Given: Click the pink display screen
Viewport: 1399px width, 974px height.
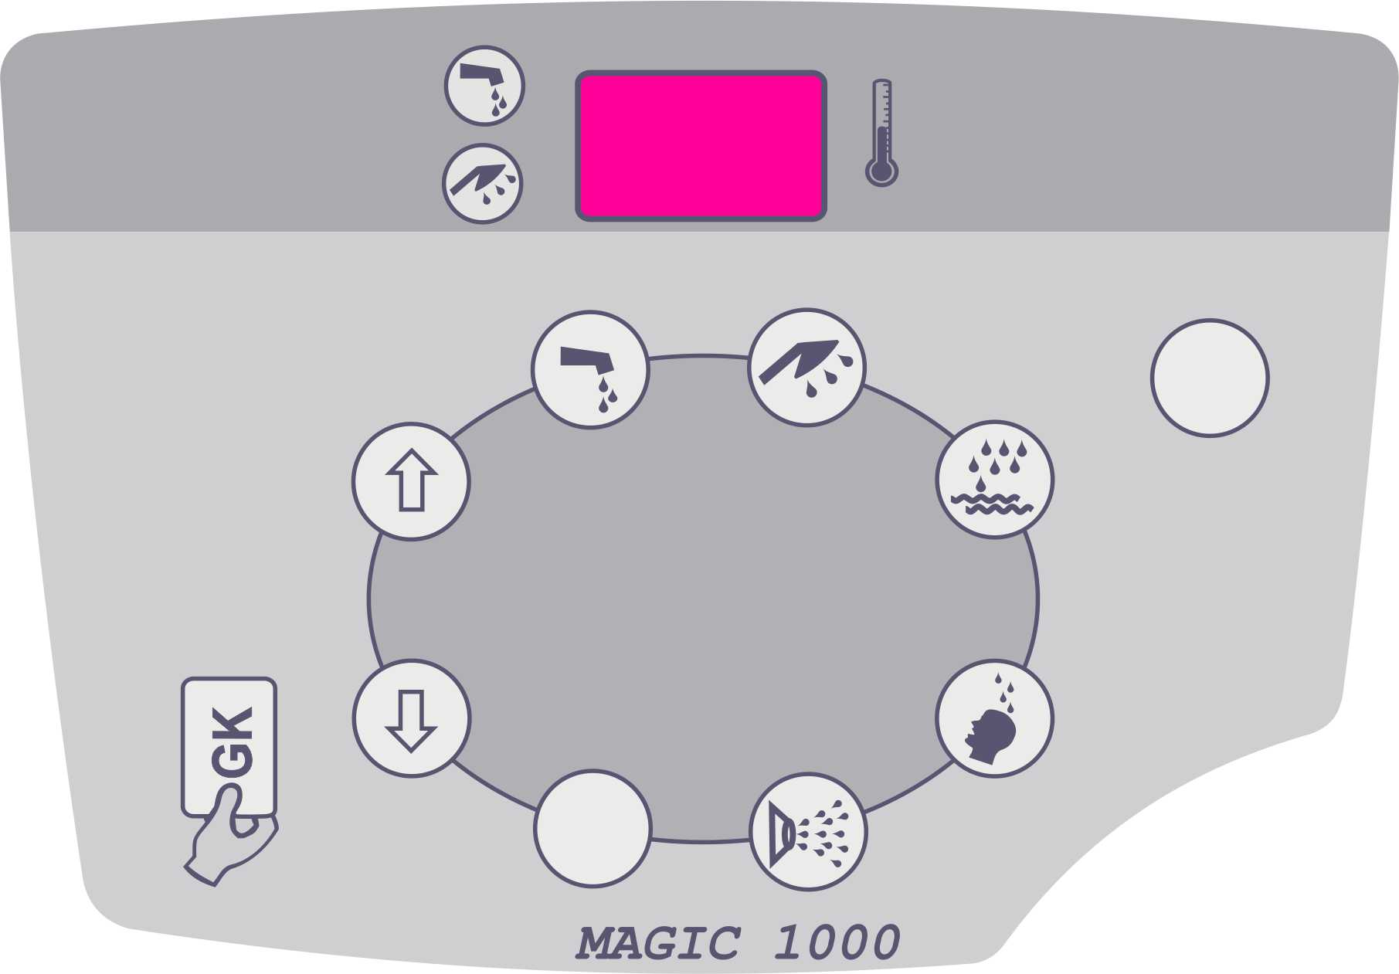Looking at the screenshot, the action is [701, 146].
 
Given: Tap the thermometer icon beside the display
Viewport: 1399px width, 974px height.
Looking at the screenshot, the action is [881, 132].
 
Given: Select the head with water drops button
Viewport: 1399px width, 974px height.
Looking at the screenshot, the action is [994, 718].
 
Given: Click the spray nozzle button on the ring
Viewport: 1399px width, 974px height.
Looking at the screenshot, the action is [808, 832].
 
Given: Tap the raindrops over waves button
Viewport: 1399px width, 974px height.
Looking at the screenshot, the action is [995, 479].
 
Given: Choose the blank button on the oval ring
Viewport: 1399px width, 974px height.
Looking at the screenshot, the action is [593, 829].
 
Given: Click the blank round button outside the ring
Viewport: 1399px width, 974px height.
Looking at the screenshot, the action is [1210, 378].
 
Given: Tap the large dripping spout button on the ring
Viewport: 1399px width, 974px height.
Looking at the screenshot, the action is [590, 370].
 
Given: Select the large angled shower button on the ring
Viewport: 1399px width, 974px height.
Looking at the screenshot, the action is [806, 368].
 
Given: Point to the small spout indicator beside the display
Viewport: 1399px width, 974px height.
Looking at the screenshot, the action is [484, 86].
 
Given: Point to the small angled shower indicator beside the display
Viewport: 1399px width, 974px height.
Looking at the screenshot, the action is [483, 184].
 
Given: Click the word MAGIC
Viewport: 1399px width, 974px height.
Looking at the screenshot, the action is [658, 943].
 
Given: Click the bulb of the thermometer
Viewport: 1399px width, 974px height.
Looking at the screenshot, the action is [881, 171].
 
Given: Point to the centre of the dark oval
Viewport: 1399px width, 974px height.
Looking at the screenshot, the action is [703, 599].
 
